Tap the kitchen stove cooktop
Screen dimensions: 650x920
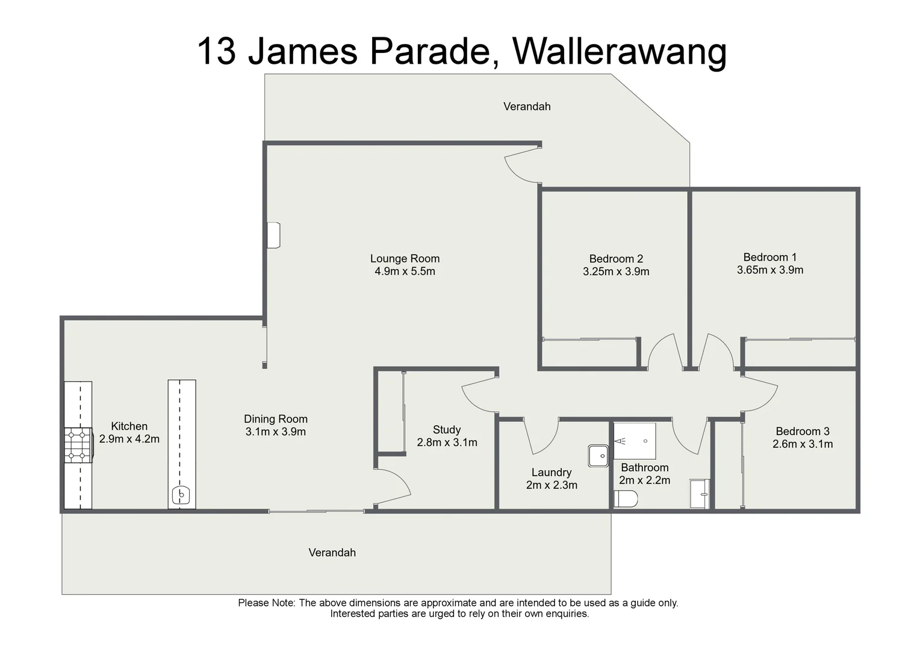(78, 445)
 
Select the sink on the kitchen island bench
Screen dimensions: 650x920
(181, 496)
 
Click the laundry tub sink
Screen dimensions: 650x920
(599, 456)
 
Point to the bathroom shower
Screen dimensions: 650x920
(635, 441)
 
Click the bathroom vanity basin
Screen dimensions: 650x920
(700, 494)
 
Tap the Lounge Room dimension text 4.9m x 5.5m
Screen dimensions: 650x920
(405, 271)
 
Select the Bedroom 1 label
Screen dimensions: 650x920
(769, 257)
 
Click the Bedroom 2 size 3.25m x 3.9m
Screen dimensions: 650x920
(616, 271)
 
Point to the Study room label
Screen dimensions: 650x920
(446, 430)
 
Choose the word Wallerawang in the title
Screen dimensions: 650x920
(619, 51)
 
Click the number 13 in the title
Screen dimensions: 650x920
(216, 51)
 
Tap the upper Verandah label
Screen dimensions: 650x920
(527, 107)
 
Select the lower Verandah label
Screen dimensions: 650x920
(332, 552)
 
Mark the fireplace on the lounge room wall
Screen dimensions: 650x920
(274, 235)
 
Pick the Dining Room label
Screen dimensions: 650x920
(275, 419)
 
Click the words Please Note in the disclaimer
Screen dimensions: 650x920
(266, 603)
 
